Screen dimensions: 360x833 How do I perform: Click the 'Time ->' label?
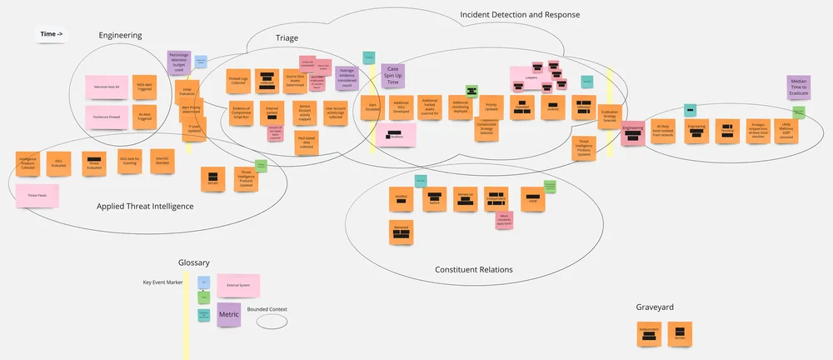click(x=52, y=34)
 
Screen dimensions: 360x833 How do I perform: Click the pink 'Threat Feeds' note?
click(x=37, y=195)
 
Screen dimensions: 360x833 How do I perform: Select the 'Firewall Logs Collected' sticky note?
click(x=241, y=82)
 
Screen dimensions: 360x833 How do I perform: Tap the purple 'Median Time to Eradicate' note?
click(x=799, y=89)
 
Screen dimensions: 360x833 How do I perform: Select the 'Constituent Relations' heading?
click(x=474, y=269)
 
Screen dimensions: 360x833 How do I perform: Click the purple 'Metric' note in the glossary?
click(x=229, y=315)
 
